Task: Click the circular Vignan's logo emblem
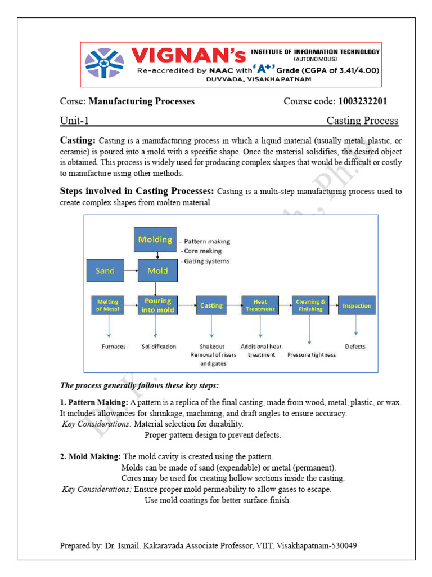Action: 105,63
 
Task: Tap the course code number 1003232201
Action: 362,101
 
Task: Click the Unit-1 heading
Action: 74,121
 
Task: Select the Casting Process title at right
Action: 362,121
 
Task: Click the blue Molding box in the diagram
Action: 155,239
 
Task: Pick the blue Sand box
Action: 105,271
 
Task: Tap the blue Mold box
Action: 157,271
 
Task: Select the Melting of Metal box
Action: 107,305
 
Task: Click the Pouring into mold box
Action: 157,305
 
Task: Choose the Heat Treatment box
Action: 260,305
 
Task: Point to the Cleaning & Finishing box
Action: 310,305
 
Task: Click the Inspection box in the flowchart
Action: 357,305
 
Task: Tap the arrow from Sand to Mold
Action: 130,271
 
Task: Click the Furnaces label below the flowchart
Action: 114,347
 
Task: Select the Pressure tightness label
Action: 311,355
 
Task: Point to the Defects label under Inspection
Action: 355,347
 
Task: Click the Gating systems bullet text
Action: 205,261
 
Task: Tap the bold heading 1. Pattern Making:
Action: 94,403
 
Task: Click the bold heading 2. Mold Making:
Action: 90,456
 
